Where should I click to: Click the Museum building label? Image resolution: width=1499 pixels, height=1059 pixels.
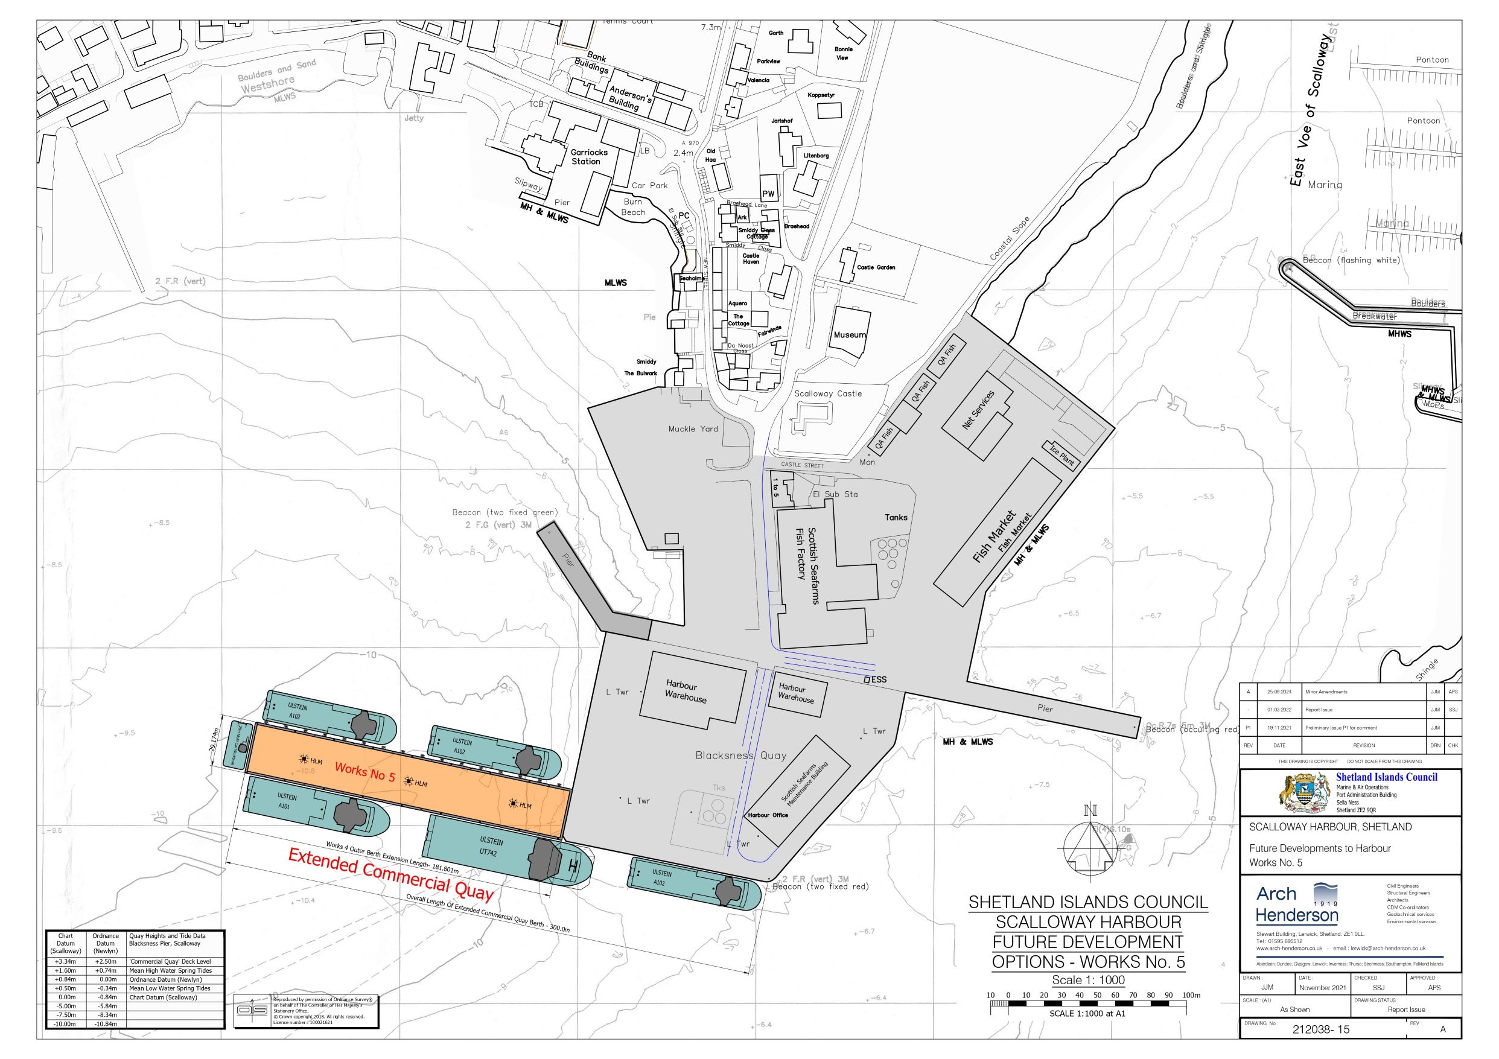850,335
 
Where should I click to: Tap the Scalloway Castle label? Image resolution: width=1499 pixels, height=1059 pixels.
828,393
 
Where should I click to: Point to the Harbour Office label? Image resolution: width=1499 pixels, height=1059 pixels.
768,815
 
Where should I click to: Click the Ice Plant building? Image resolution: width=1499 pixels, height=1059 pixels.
1061,454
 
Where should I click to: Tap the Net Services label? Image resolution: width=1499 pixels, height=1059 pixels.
978,410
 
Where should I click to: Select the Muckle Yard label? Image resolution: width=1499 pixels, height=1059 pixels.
693,429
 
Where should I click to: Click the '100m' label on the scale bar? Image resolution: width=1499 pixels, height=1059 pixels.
1191,995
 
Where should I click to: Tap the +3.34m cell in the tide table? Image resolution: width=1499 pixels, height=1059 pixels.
65,962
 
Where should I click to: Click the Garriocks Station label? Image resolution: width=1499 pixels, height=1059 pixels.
589,157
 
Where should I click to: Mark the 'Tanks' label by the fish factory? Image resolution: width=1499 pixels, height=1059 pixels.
896,517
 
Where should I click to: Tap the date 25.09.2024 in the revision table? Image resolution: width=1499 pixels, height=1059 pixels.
1279,692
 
